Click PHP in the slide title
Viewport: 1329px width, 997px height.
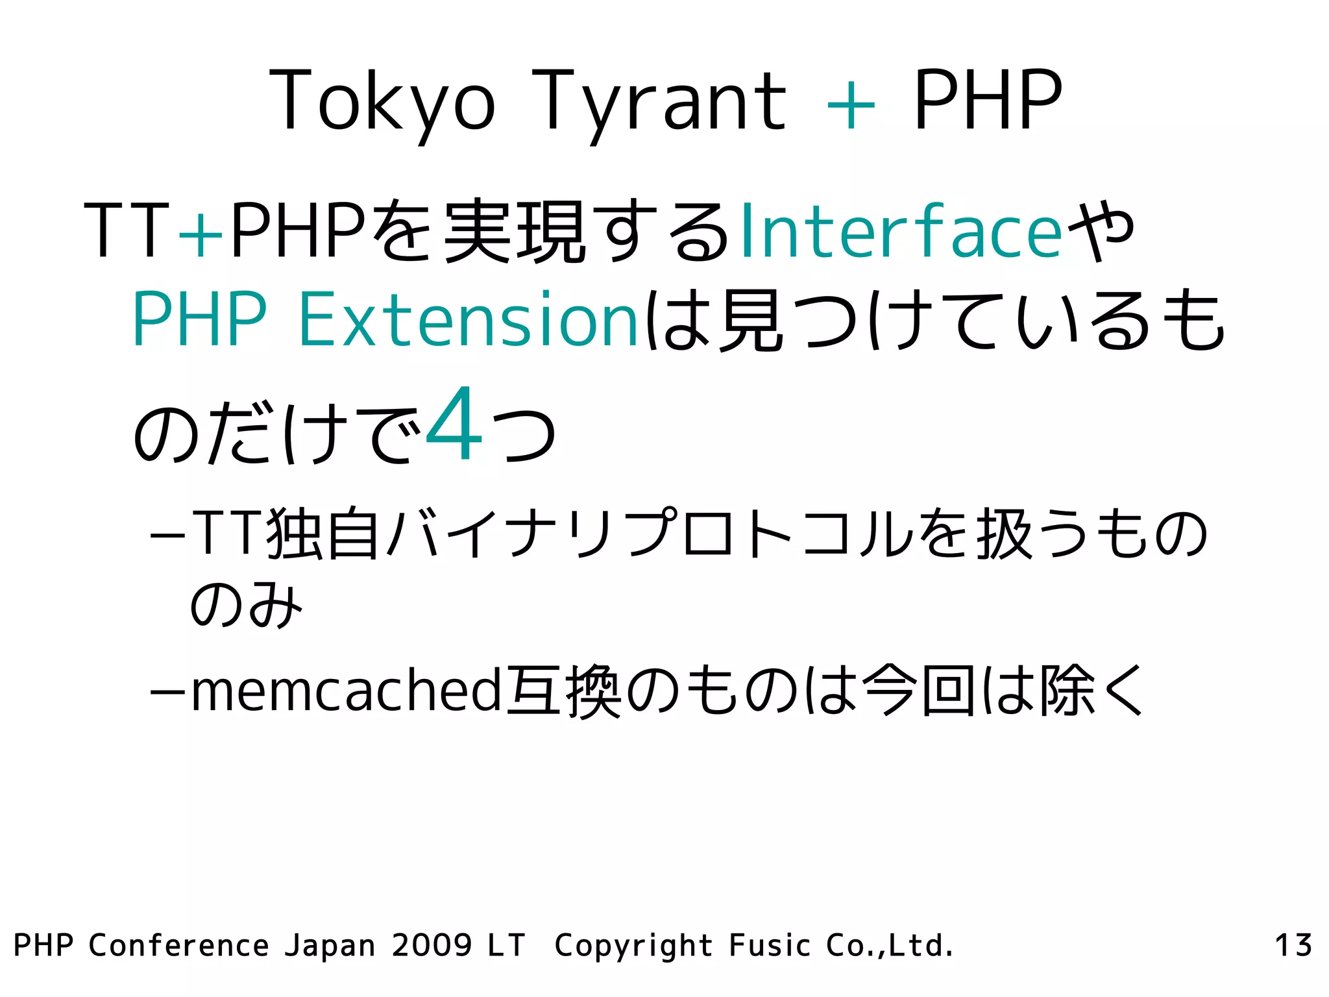point(988,101)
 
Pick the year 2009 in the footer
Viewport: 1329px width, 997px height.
point(432,945)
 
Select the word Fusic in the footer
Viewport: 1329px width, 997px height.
point(770,945)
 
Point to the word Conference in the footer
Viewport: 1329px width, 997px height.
point(178,945)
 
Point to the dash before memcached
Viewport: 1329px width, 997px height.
point(168,692)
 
